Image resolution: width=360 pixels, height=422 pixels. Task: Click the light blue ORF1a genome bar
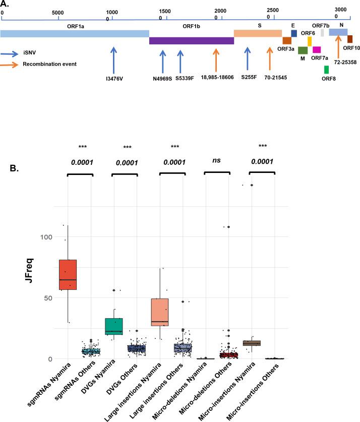[x=75, y=33]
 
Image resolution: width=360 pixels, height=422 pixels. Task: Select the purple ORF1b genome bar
[x=191, y=41]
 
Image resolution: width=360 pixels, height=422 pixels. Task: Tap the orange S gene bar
[x=258, y=33]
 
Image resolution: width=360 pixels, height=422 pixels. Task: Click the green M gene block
[x=303, y=50]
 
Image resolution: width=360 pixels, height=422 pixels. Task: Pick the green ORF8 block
[x=326, y=70]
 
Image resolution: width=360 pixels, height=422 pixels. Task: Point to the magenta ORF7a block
[x=317, y=49]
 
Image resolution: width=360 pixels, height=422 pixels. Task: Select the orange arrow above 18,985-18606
[x=216, y=60]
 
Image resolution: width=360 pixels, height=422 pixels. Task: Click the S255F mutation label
[x=247, y=78]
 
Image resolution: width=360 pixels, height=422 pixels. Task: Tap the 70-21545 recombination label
[x=271, y=78]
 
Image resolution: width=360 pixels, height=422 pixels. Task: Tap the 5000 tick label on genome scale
[x=57, y=12]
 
